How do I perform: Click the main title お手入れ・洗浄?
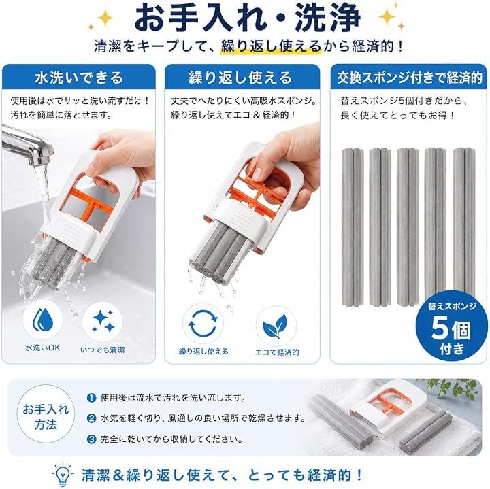coord(247,18)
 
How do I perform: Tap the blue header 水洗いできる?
coord(79,78)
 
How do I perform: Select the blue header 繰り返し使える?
coord(240,78)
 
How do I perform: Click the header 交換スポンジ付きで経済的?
coord(409,78)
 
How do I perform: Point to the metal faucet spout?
coord(28,148)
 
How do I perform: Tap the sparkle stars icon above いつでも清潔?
coord(103,321)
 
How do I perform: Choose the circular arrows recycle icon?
coord(203,324)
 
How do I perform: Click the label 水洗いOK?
coord(43,348)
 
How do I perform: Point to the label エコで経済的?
coord(277,352)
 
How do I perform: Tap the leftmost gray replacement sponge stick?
coord(353,227)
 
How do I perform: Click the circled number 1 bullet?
coord(91,398)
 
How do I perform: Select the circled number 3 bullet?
coord(91,439)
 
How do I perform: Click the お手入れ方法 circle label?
coord(46,416)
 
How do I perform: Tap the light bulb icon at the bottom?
coord(64,475)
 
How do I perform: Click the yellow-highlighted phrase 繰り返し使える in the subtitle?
coord(272,47)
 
